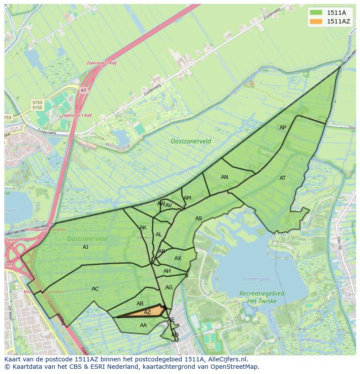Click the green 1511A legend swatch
pyautogui.click(x=316, y=13)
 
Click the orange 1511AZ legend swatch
pyautogui.click(x=316, y=21)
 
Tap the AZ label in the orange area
pyautogui.click(x=147, y=312)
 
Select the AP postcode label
pyautogui.click(x=283, y=128)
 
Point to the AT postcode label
pyautogui.click(x=283, y=178)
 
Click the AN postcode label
pyautogui.click(x=224, y=177)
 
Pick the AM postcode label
pyautogui.click(x=187, y=198)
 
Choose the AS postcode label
pyautogui.click(x=199, y=218)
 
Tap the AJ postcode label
pyautogui.click(x=86, y=247)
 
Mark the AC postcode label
pyautogui.click(x=95, y=289)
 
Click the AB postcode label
pyautogui.click(x=140, y=304)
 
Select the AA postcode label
pyautogui.click(x=143, y=325)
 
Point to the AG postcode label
pyautogui.click(x=169, y=288)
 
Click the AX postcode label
pyautogui.click(x=178, y=258)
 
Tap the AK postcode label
pyautogui.click(x=143, y=228)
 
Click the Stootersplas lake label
pyautogui.click(x=256, y=279)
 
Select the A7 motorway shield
pyautogui.click(x=83, y=90)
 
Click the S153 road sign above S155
pyautogui.click(x=37, y=102)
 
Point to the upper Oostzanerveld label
pyautogui.click(x=191, y=141)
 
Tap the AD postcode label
pyautogui.click(x=175, y=335)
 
